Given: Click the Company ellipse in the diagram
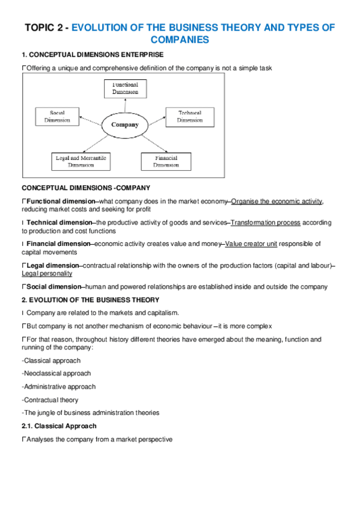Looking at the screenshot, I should (124, 125).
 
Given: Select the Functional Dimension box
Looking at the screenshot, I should (125, 89).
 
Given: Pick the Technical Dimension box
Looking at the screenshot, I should (190, 116).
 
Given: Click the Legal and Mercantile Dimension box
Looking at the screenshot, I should (81, 161).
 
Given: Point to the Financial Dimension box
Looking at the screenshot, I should (166, 161).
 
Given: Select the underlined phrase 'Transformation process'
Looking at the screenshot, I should (265, 223).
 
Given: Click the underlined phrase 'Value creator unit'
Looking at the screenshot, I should (251, 244).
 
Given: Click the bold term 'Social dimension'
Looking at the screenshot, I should (53, 286).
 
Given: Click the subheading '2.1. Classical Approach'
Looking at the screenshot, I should (58, 426).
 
